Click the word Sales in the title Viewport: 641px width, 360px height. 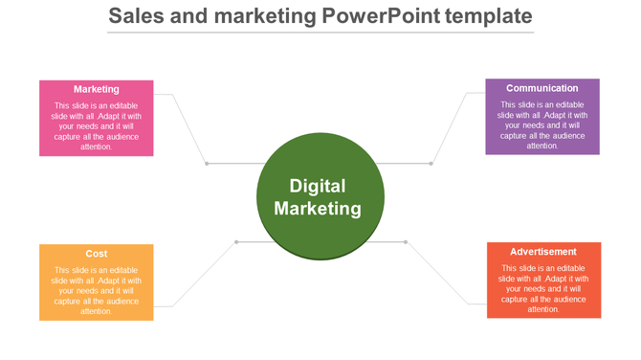134,16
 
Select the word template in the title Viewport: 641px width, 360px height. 483,16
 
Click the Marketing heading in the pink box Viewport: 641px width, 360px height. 96,89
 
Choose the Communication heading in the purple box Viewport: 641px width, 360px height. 542,88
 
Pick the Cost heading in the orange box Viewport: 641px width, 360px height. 96,254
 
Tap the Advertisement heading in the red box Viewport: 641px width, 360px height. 543,252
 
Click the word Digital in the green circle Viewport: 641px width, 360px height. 318,186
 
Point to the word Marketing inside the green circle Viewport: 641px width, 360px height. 318,208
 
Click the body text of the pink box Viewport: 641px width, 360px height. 96,126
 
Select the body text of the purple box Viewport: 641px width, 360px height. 542,125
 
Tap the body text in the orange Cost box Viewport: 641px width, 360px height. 96,290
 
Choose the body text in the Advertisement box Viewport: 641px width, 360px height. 543,288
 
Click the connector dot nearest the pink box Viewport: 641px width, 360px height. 207,164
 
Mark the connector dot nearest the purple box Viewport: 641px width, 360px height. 431,164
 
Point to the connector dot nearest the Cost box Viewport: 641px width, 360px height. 236,241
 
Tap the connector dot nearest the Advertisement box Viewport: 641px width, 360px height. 406,241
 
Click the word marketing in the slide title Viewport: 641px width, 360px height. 254,16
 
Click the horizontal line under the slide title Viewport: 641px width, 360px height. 320,34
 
